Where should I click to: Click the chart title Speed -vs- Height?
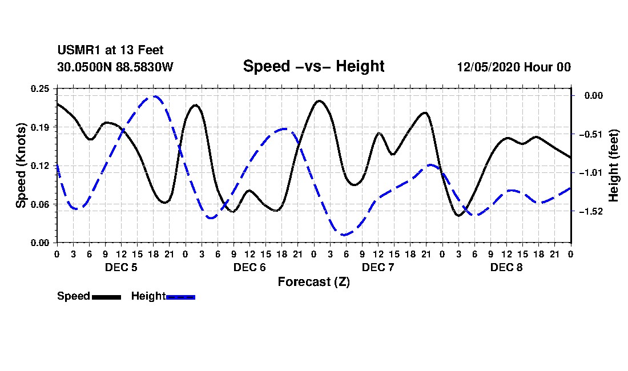(313, 66)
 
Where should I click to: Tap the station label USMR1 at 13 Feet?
(110, 50)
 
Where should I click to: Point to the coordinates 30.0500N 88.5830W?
(115, 67)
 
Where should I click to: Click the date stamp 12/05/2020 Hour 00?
(514, 67)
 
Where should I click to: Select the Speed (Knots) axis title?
(21, 166)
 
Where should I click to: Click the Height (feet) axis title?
(613, 166)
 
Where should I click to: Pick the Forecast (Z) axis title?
(313, 282)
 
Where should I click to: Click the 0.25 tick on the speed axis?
(40, 88)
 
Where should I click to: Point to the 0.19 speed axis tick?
(40, 127)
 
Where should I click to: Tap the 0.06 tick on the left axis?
(40, 204)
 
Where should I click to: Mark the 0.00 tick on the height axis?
(594, 95)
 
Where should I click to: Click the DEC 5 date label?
(121, 267)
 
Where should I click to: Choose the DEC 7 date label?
(378, 267)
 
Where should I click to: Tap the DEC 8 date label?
(506, 267)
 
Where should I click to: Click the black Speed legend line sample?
(107, 297)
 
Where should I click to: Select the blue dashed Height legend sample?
(180, 297)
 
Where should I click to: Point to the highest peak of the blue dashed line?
(154, 96)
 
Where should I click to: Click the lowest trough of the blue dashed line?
(344, 235)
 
